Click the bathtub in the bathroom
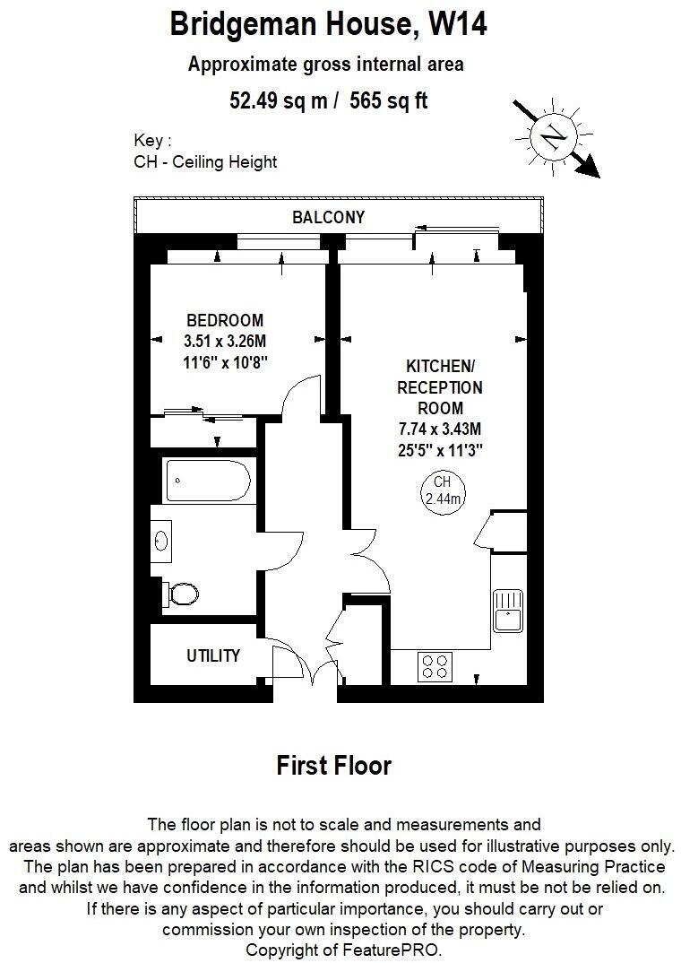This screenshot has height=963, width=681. (x=208, y=481)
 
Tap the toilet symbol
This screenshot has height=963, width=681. (x=182, y=594)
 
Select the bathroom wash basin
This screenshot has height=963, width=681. (x=162, y=541)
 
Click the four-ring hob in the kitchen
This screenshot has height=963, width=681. (x=435, y=665)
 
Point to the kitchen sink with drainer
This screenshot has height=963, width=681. (x=507, y=610)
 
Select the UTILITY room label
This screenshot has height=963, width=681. (x=212, y=655)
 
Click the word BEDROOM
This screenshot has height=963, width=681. (x=224, y=320)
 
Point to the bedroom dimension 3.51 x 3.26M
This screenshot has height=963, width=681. (x=225, y=341)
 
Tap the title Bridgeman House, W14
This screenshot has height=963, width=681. (x=329, y=24)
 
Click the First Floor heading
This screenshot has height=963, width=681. (x=333, y=766)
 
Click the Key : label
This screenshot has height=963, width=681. (x=151, y=141)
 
